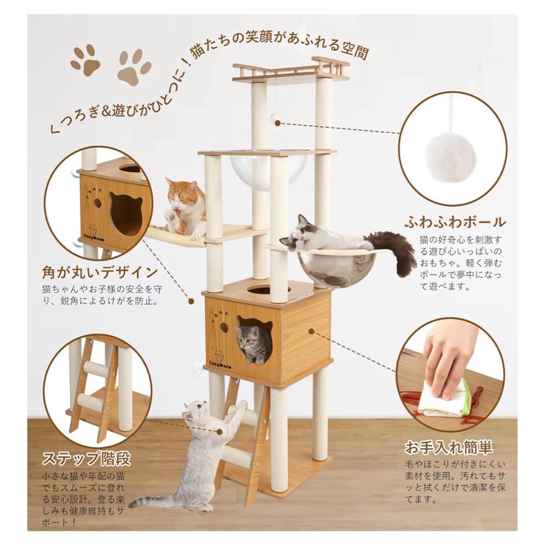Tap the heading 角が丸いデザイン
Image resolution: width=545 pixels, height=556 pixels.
(99, 271)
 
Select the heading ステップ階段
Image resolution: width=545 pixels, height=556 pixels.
(86, 458)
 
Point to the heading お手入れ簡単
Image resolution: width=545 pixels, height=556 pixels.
(448, 446)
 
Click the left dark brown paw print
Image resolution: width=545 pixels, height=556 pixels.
(86, 61)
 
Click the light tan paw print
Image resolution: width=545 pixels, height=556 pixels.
(133, 66)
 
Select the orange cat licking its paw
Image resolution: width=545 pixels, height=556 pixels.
(183, 206)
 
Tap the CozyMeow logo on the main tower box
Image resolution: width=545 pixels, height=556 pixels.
(220, 359)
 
